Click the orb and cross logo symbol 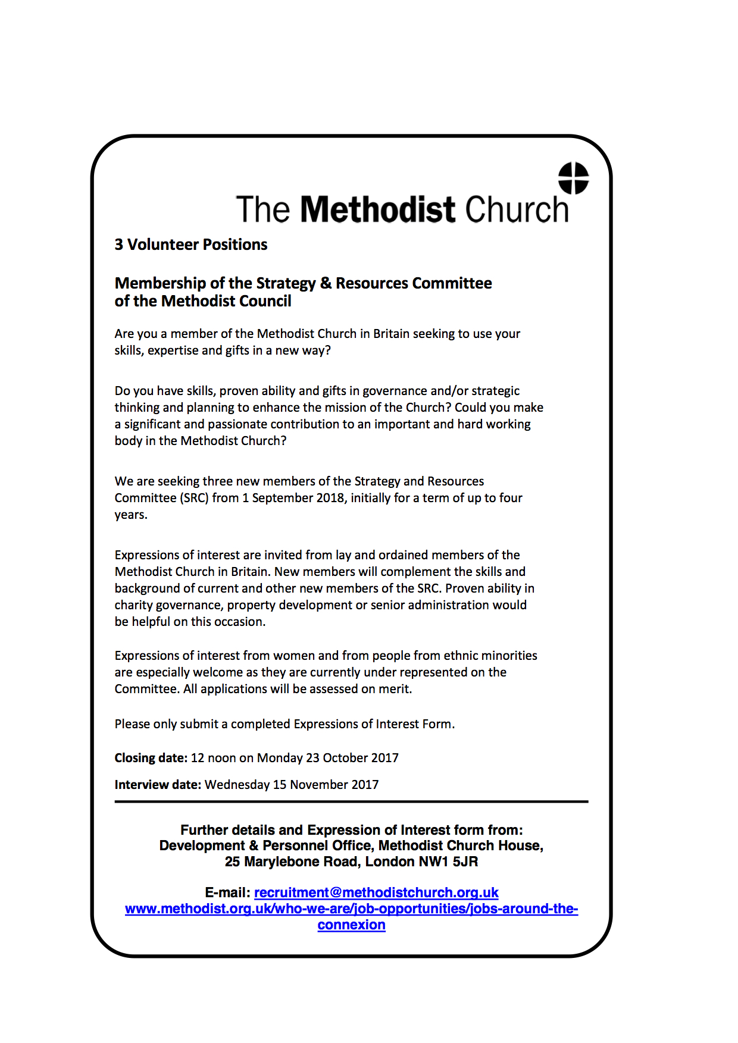(x=573, y=178)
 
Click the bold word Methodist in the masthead (x=378, y=209)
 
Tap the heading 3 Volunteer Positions (x=190, y=245)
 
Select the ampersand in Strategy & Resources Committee (x=326, y=283)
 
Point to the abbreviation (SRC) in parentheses (x=195, y=498)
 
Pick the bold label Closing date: (x=151, y=758)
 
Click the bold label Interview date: (x=158, y=785)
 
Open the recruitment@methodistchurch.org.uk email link (x=376, y=892)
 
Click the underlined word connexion (x=351, y=925)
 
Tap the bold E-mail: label (x=227, y=892)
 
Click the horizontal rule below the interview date (x=351, y=801)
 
